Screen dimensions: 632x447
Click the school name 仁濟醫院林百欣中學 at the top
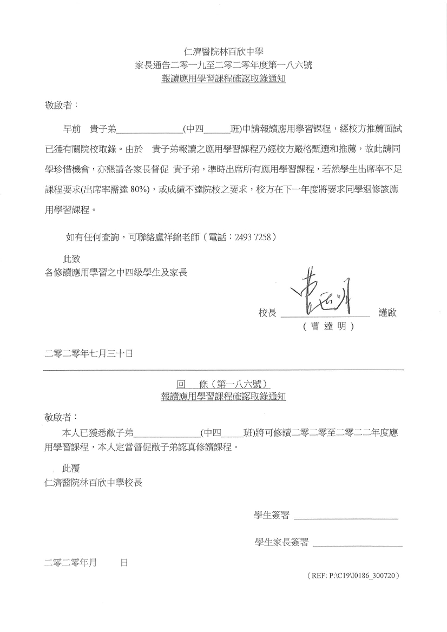click(223, 52)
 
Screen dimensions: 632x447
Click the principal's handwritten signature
click(324, 293)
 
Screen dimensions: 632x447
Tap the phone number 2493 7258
click(256, 236)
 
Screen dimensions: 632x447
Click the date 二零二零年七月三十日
click(89, 354)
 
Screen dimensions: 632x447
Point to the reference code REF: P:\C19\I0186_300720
click(353, 577)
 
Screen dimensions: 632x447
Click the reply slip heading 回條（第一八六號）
click(223, 384)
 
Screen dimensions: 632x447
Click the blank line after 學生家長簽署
click(358, 542)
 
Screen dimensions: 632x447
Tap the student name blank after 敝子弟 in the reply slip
click(167, 433)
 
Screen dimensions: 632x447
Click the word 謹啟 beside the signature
click(387, 312)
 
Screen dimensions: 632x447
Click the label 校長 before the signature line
click(267, 313)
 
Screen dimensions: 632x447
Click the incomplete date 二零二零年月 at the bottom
click(70, 563)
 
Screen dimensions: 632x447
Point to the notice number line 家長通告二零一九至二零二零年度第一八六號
click(223, 65)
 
